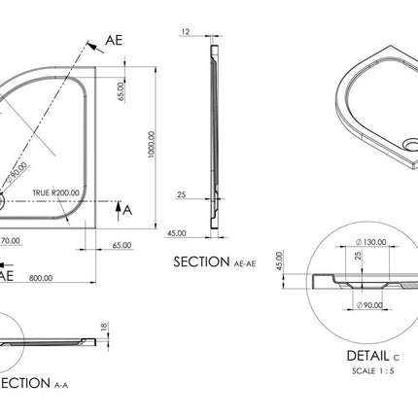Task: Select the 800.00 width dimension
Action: click(42, 277)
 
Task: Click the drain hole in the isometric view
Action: click(408, 147)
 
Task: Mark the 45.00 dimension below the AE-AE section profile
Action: click(176, 233)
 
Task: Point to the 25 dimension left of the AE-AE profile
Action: click(182, 194)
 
